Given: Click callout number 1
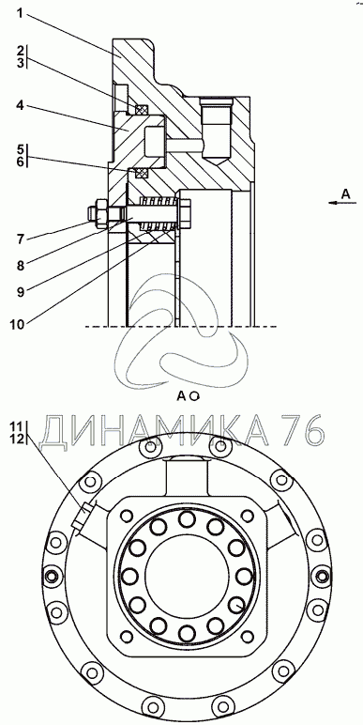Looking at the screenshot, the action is [20, 13].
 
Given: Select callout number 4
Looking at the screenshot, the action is [21, 106].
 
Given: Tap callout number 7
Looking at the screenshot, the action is [21, 239].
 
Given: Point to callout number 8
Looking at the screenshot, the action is [21, 265].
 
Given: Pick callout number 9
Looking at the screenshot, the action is [21, 291].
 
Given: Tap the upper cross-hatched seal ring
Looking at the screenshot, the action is [143, 110].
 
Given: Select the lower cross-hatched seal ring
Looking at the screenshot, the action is [142, 173].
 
